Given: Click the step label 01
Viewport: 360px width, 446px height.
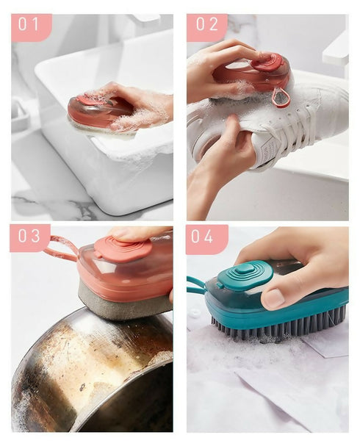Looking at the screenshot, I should point(29,25).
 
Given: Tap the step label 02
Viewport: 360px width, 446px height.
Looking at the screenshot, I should point(206,25).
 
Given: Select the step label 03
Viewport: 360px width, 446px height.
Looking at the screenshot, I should point(29,237).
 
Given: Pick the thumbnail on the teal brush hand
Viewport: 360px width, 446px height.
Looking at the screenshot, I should point(273,298).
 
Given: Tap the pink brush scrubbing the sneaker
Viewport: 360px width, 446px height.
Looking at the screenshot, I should point(253,73).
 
